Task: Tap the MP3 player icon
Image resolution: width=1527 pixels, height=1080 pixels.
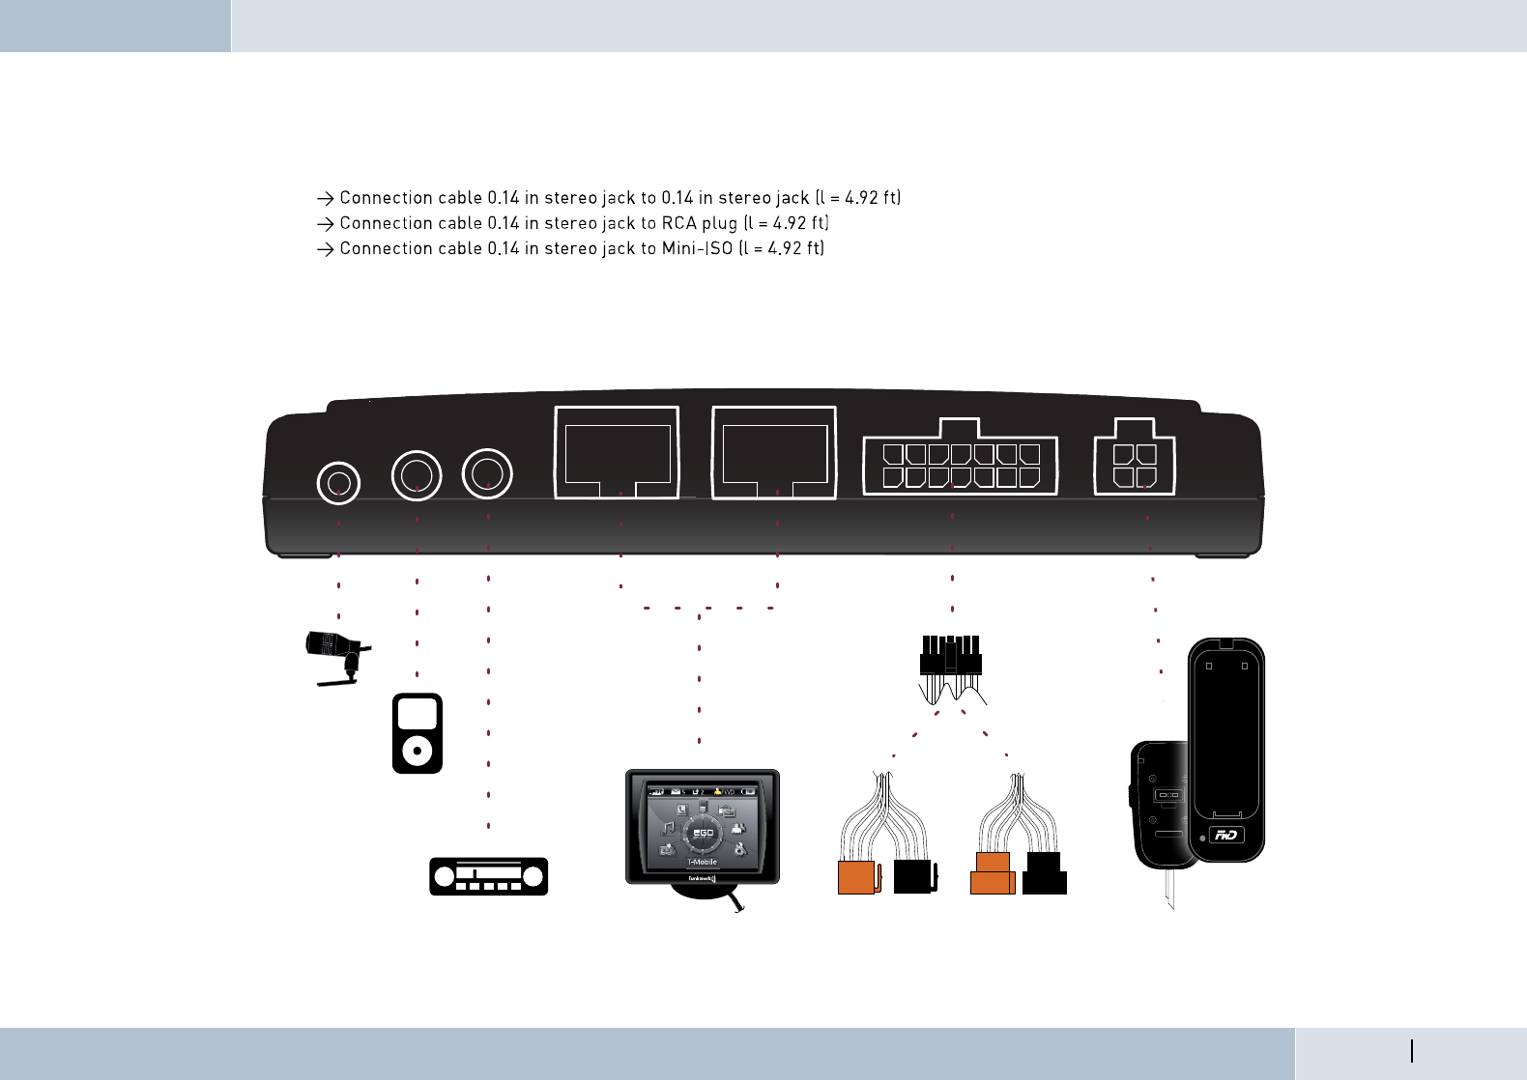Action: point(418,732)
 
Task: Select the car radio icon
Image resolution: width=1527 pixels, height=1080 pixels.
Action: point(489,876)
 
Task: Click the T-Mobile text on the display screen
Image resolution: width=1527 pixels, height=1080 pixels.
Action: point(703,862)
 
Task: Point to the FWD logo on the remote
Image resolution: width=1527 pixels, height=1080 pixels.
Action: point(1226,836)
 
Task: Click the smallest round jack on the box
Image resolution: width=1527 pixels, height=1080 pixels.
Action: point(338,483)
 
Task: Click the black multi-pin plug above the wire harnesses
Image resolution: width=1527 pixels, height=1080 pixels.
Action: point(951,657)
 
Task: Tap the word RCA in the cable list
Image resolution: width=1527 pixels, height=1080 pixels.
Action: point(678,223)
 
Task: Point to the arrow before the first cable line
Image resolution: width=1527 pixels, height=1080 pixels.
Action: point(325,198)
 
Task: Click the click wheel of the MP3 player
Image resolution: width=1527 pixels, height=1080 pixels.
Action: point(418,750)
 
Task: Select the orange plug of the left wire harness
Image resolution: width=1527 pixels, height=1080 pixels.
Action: point(857,876)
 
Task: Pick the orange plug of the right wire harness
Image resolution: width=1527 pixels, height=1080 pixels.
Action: point(993,874)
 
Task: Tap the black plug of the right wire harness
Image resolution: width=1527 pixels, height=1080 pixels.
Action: point(1045,874)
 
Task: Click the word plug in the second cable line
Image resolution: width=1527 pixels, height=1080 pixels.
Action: point(720,223)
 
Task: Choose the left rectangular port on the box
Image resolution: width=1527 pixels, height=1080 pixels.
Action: point(617,453)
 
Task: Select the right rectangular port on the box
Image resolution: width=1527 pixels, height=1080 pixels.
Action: point(774,453)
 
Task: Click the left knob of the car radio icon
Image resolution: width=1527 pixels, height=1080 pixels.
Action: point(445,876)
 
